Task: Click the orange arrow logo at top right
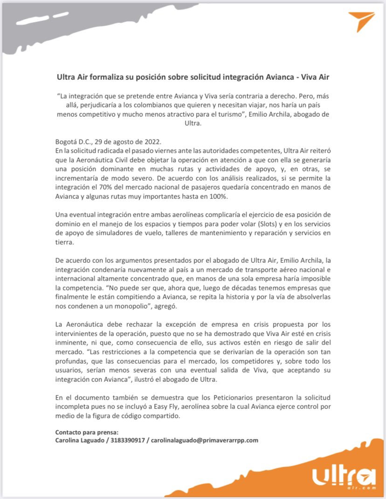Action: [361, 21]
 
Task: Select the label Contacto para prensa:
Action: [87, 432]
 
